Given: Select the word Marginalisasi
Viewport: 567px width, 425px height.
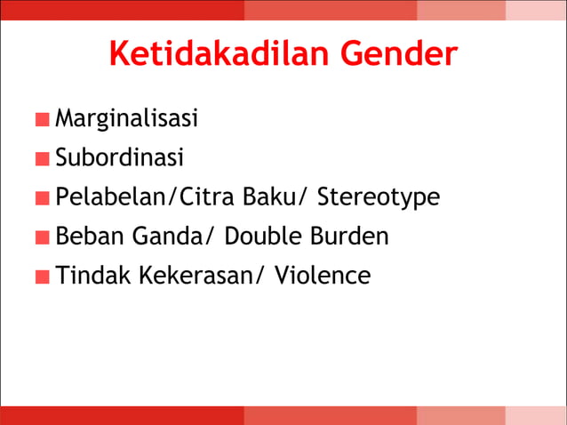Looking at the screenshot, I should (126, 118).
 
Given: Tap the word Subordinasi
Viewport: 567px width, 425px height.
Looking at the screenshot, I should (119, 157).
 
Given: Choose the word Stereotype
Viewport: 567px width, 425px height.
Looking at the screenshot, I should (378, 198).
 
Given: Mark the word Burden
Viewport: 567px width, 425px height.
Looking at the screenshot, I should (348, 237).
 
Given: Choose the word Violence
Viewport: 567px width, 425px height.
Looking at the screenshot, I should (323, 276).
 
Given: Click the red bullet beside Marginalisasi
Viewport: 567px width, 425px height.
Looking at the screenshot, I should (43, 120).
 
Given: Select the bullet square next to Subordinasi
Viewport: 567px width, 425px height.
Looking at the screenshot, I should (43, 159).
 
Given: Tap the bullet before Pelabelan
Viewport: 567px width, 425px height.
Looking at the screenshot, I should (43, 198).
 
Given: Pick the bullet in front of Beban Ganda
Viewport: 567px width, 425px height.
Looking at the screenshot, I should (43, 238).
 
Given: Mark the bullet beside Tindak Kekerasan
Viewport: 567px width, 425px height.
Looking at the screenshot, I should (43, 277).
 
